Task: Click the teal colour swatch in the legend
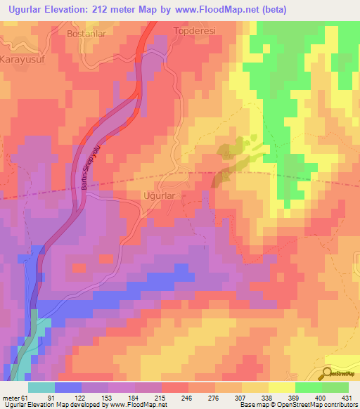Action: [41, 388]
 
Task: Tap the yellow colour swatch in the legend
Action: [281, 388]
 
